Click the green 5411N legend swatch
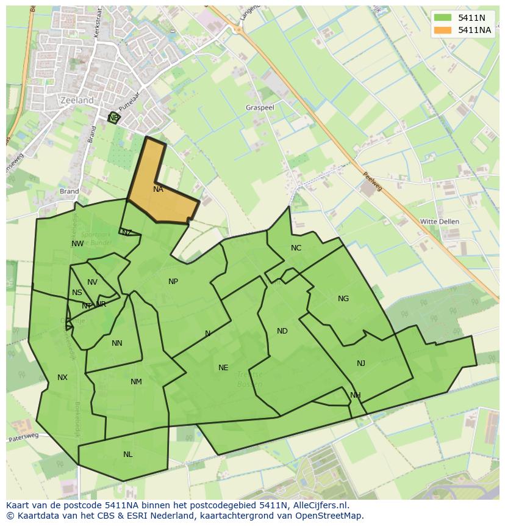443,18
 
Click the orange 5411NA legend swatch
443,30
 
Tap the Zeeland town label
77,100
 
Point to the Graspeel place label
260,107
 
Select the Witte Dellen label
440,221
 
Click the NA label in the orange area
158,189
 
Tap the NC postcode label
296,247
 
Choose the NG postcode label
343,299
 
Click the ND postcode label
282,331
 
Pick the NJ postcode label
361,363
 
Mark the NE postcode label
223,368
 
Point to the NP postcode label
173,282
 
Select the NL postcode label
127,455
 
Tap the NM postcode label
136,382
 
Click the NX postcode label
62,378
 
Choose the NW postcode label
77,244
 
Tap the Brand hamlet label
70,191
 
